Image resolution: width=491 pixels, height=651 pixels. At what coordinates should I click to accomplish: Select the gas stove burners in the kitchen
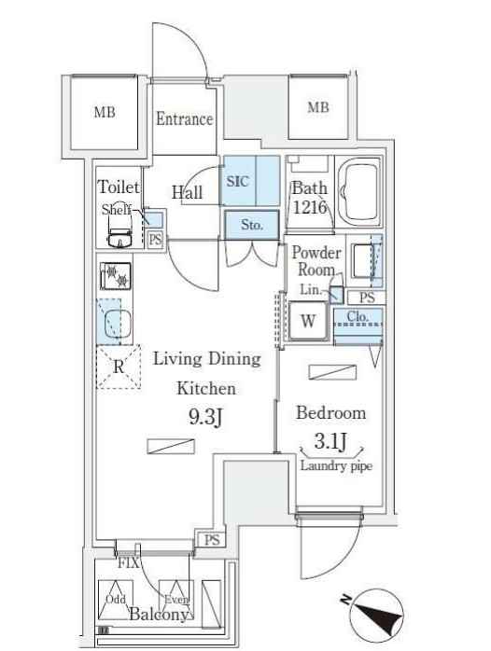click(116, 276)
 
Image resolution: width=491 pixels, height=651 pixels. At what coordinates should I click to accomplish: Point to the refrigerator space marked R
click(119, 367)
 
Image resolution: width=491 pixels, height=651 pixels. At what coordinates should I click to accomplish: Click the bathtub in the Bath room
click(358, 192)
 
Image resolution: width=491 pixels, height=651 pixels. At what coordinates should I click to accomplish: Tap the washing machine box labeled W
click(308, 321)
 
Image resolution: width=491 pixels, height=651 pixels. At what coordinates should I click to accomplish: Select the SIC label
click(238, 181)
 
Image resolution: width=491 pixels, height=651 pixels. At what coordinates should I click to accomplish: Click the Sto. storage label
click(252, 225)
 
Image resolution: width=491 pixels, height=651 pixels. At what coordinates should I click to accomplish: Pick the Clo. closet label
click(358, 317)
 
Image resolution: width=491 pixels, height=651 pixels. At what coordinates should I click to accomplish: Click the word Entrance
click(185, 119)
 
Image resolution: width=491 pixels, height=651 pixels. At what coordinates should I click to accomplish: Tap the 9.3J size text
click(206, 417)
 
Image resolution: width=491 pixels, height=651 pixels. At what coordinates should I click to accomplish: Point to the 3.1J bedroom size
click(331, 441)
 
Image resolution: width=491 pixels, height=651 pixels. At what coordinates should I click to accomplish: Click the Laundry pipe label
click(336, 465)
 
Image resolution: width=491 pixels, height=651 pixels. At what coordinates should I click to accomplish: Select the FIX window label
click(128, 563)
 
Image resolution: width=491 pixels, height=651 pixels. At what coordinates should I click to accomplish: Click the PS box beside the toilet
click(155, 240)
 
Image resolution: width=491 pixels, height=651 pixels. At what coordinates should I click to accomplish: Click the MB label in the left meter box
click(105, 112)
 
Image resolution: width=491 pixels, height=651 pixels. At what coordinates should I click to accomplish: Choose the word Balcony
click(159, 615)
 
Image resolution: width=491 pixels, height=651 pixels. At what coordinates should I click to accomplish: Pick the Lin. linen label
click(311, 289)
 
